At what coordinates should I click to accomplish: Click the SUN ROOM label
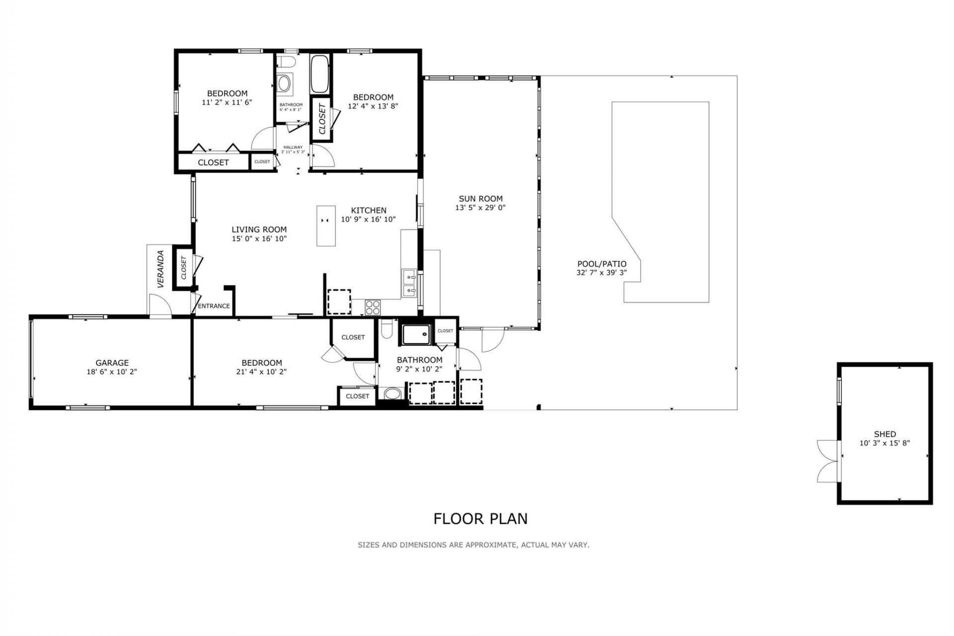coord(480,199)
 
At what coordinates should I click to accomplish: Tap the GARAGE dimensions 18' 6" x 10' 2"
coord(112,372)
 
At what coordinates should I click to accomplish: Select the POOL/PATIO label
coord(601,264)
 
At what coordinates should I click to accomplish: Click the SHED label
coord(884,434)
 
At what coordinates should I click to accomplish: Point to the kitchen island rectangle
coord(326,226)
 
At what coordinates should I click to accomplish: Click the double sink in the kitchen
coord(409,283)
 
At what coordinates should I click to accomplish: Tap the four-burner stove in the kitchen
coord(373,307)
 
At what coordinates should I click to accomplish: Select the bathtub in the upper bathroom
coord(319,74)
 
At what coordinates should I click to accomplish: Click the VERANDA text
coord(160,269)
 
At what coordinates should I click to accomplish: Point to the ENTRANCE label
coord(214,306)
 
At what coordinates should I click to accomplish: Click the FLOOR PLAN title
coord(480,519)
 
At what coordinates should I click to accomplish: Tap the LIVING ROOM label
coord(259,230)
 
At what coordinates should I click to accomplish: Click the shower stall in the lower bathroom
coord(416,335)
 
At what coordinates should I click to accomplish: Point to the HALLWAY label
coord(293,147)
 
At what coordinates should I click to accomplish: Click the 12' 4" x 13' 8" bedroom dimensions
coord(373,106)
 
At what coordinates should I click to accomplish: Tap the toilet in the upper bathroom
coord(286,62)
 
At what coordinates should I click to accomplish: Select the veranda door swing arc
coord(160,304)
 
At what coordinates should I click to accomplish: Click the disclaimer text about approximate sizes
coord(473,545)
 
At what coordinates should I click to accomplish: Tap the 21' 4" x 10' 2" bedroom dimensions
coord(261,372)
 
